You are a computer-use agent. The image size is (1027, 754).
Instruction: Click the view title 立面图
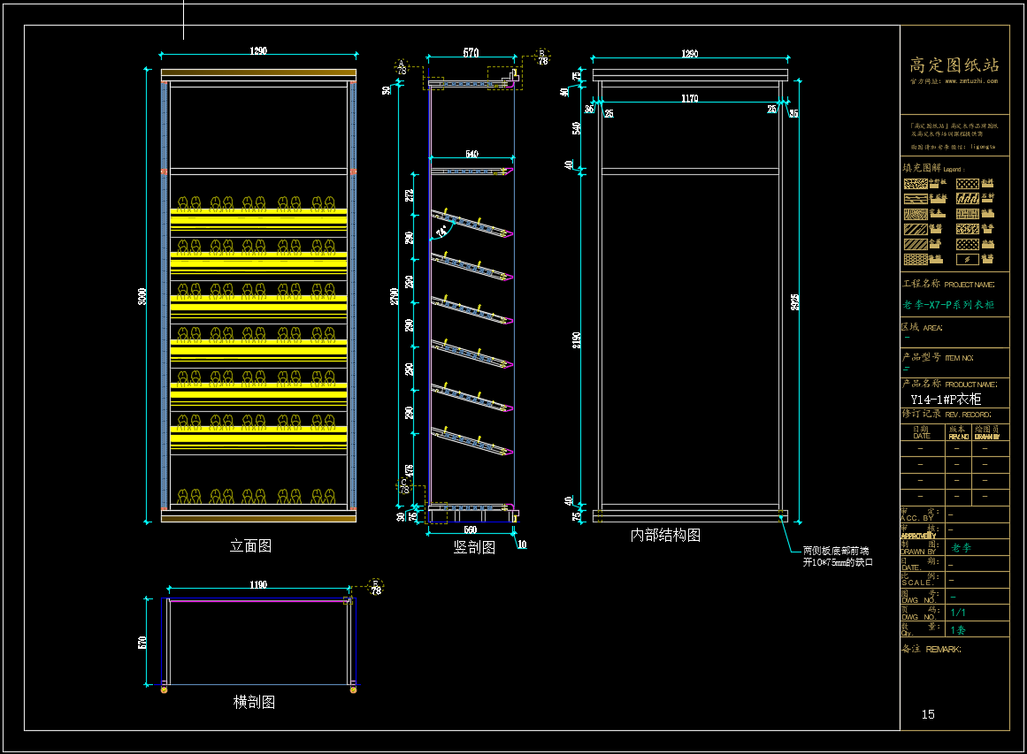[250, 546]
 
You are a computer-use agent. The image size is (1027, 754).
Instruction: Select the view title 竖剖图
[474, 547]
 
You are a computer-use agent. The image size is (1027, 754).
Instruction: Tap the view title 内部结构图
[665, 535]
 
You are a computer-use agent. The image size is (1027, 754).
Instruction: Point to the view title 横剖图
[254, 702]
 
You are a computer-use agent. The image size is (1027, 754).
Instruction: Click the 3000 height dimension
[142, 297]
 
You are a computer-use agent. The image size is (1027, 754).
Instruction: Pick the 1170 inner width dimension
[690, 98]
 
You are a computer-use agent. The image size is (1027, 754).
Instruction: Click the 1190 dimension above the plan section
[258, 584]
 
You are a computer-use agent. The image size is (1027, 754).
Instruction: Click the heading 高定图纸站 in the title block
[954, 65]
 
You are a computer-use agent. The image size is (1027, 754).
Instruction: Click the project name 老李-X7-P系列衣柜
[948, 305]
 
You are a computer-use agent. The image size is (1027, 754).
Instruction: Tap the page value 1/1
[958, 613]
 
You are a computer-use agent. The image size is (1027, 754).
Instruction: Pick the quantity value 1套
[958, 630]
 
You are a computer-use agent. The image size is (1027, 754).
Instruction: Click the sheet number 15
[928, 714]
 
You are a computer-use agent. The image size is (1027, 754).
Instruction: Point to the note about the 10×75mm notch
[837, 556]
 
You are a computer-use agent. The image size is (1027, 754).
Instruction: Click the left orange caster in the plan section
[164, 689]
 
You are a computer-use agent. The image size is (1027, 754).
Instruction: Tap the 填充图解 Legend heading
[931, 168]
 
